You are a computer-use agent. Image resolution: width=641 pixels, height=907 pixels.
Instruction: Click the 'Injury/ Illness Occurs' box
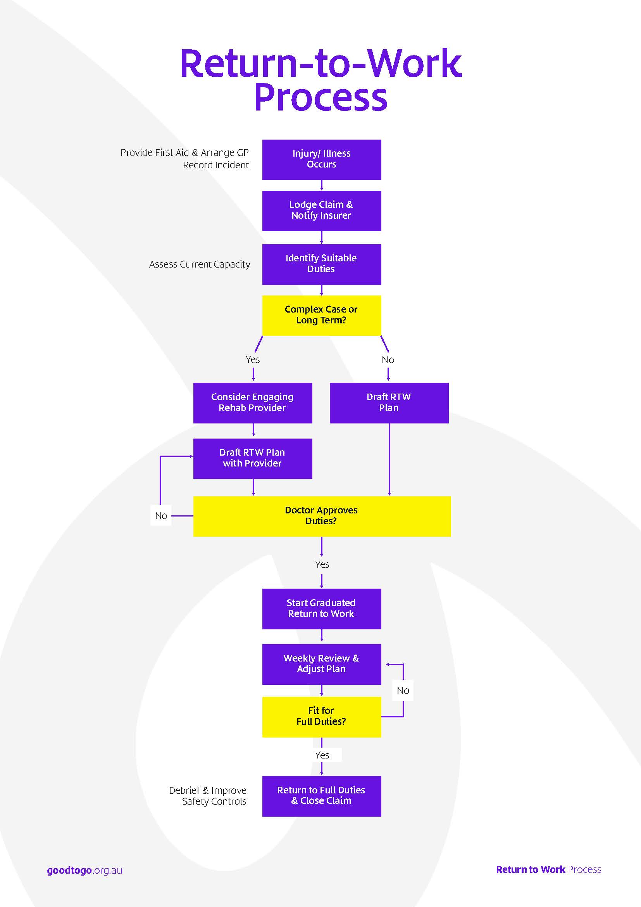coord(322,160)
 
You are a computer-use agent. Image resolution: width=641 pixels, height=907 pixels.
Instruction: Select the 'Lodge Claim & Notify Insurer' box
coord(322,211)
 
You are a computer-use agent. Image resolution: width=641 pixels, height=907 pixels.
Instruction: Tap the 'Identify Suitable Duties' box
coord(322,264)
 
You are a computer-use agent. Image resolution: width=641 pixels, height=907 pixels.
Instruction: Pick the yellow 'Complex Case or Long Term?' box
coord(322,316)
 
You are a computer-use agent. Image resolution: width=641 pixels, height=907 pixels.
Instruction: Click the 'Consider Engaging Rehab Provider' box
coord(253,403)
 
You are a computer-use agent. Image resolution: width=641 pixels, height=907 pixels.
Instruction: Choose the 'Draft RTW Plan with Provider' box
coord(253,459)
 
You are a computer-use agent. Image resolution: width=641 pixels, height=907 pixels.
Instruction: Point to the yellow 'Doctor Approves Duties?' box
coord(322,516)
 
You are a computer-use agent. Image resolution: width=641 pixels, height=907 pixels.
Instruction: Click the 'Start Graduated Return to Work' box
coord(322,609)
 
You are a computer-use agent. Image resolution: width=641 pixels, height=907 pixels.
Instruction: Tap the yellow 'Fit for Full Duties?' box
coord(322,717)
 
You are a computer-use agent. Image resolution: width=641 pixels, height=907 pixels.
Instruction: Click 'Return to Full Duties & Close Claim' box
coord(322,796)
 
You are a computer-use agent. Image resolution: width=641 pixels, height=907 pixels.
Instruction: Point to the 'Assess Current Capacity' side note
coord(200,265)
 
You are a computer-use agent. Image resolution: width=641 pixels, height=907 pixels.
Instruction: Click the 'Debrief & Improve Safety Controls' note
coord(208,796)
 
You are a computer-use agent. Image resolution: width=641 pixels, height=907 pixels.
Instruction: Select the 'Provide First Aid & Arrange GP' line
coord(185,153)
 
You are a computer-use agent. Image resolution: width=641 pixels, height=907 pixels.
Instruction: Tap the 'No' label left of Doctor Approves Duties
coord(161,515)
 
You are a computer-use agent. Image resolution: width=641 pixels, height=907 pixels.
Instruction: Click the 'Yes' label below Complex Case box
coord(253,360)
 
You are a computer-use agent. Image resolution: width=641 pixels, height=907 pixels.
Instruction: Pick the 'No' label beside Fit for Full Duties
coord(403,691)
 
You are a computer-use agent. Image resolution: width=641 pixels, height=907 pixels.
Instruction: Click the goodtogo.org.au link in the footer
coord(84,870)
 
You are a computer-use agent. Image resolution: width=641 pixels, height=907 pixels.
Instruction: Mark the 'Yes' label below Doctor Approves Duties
coord(322,565)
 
